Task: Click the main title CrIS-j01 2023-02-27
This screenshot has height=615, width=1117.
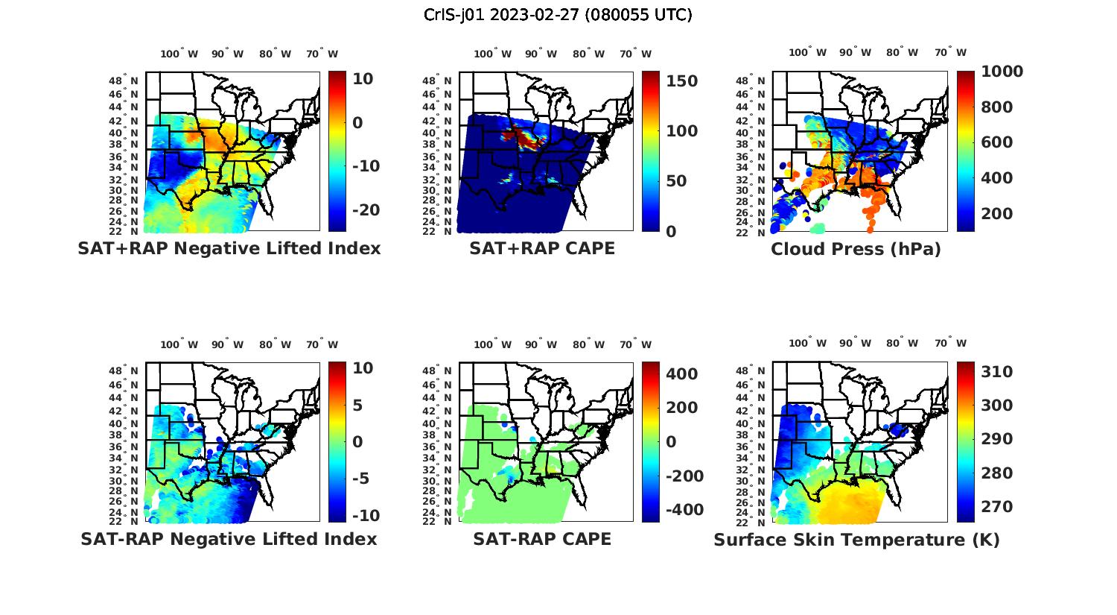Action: [x=558, y=15]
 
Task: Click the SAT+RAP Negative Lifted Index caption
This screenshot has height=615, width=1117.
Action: [x=229, y=248]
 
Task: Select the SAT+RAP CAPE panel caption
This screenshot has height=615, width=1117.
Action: [x=542, y=248]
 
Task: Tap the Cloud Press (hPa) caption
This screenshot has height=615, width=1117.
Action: [x=856, y=249]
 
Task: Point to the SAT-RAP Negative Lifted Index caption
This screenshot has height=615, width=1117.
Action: [x=229, y=539]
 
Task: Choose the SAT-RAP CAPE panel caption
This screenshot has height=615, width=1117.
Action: [x=542, y=539]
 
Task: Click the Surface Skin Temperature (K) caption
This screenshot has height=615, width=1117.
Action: [x=856, y=540]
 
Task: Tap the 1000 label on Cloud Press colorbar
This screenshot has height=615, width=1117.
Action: [x=1002, y=72]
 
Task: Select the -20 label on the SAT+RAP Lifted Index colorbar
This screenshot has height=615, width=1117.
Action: [x=366, y=210]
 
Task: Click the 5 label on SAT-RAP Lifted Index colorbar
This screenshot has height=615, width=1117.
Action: [x=357, y=406]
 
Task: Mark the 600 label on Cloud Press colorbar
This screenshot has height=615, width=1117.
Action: [x=997, y=142]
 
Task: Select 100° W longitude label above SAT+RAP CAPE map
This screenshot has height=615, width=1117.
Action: [x=492, y=54]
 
